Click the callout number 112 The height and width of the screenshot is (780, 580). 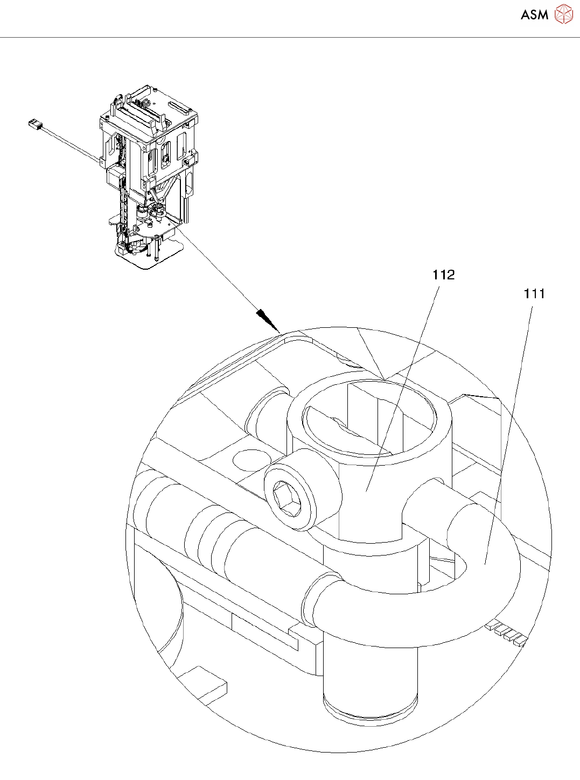click(x=443, y=275)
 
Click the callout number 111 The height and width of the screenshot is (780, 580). click(x=534, y=293)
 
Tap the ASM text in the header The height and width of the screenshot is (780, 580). click(x=534, y=15)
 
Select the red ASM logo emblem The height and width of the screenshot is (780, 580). click(x=564, y=14)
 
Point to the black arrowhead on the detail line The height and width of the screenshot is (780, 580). click(x=268, y=320)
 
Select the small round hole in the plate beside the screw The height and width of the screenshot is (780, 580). click(x=251, y=460)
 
